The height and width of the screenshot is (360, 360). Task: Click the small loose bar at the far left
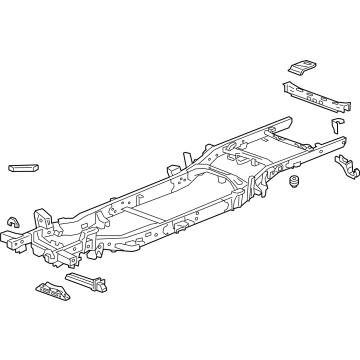coord(22,167)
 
